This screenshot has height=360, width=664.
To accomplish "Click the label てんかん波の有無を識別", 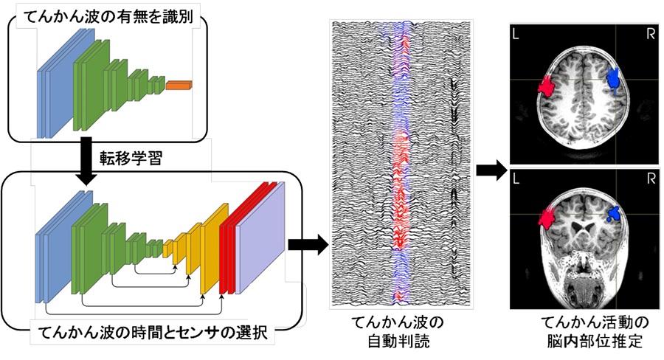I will [108, 17].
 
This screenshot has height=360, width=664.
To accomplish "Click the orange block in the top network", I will [179, 86].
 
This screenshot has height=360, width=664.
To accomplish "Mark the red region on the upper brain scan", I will [547, 86].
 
